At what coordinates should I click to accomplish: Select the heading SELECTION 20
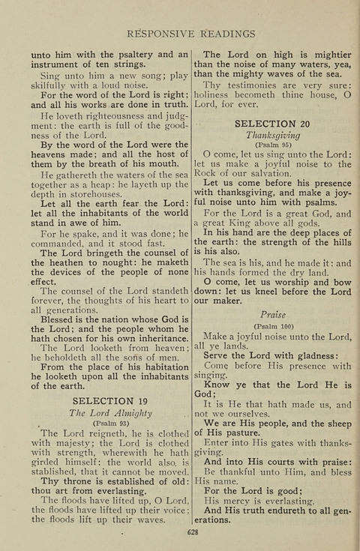click(272, 123)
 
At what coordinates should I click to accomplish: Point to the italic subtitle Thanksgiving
click(272, 136)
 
